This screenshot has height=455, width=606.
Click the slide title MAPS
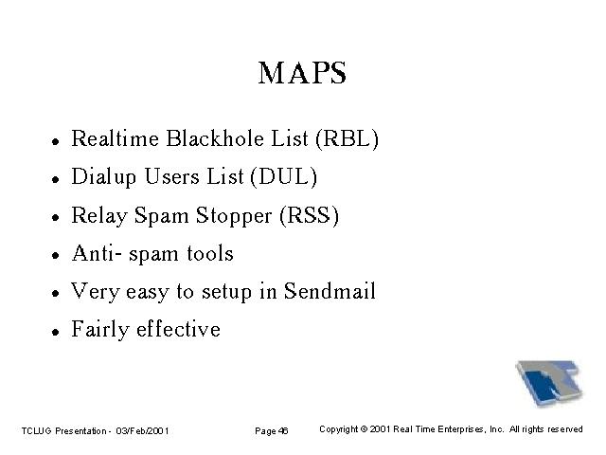tap(302, 73)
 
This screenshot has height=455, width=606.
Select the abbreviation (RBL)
tap(347, 138)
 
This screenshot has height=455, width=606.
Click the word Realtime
tap(115, 138)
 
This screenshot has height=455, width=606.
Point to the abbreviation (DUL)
tap(284, 177)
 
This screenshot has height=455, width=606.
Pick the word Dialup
tap(103, 177)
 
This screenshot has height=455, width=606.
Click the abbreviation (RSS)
tap(310, 215)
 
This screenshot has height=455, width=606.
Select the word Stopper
tap(234, 216)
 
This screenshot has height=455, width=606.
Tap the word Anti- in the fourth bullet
tap(97, 253)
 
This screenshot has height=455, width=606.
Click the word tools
tap(210, 253)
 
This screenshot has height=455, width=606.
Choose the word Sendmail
tap(330, 291)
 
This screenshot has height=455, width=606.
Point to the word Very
tap(95, 292)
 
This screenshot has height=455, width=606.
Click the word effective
tap(178, 329)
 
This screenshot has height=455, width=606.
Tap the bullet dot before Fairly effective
tap(56, 332)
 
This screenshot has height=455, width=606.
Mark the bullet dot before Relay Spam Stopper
tap(56, 217)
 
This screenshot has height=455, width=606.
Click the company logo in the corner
tap(549, 383)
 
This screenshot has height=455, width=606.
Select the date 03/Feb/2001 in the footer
tap(142, 430)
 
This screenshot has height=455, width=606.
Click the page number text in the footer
tap(272, 431)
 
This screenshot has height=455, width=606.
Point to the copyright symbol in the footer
tap(364, 429)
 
